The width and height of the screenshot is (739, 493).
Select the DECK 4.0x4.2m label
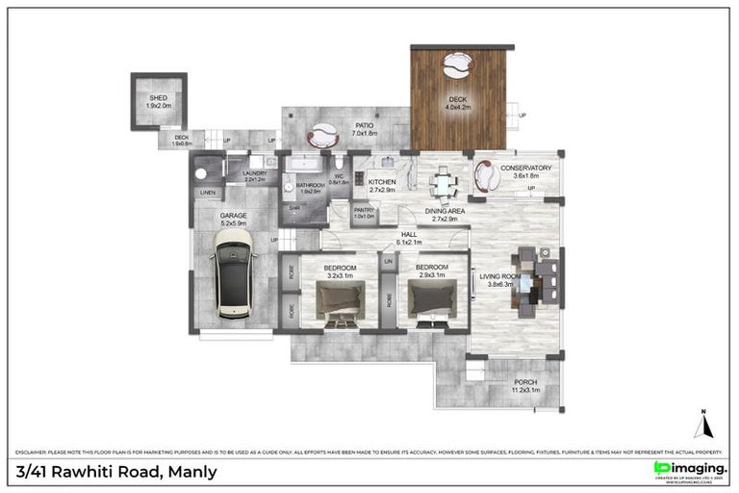(457, 102)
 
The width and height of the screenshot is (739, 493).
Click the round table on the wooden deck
(457, 65)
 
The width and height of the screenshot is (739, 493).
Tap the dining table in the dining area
(442, 180)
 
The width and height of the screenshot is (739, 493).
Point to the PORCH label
(524, 383)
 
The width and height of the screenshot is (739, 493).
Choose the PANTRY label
(364, 211)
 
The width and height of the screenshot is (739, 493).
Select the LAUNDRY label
(254, 174)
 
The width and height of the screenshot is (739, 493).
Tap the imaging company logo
(688, 469)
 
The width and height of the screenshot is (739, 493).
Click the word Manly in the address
(193, 471)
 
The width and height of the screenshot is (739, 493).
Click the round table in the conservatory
(487, 176)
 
